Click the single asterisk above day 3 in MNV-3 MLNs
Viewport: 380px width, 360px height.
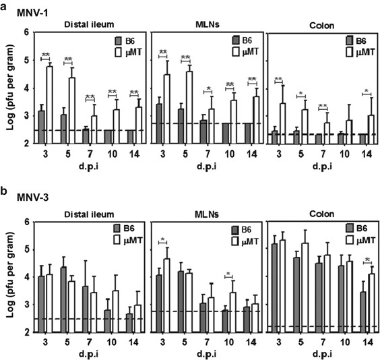tap(164, 240)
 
